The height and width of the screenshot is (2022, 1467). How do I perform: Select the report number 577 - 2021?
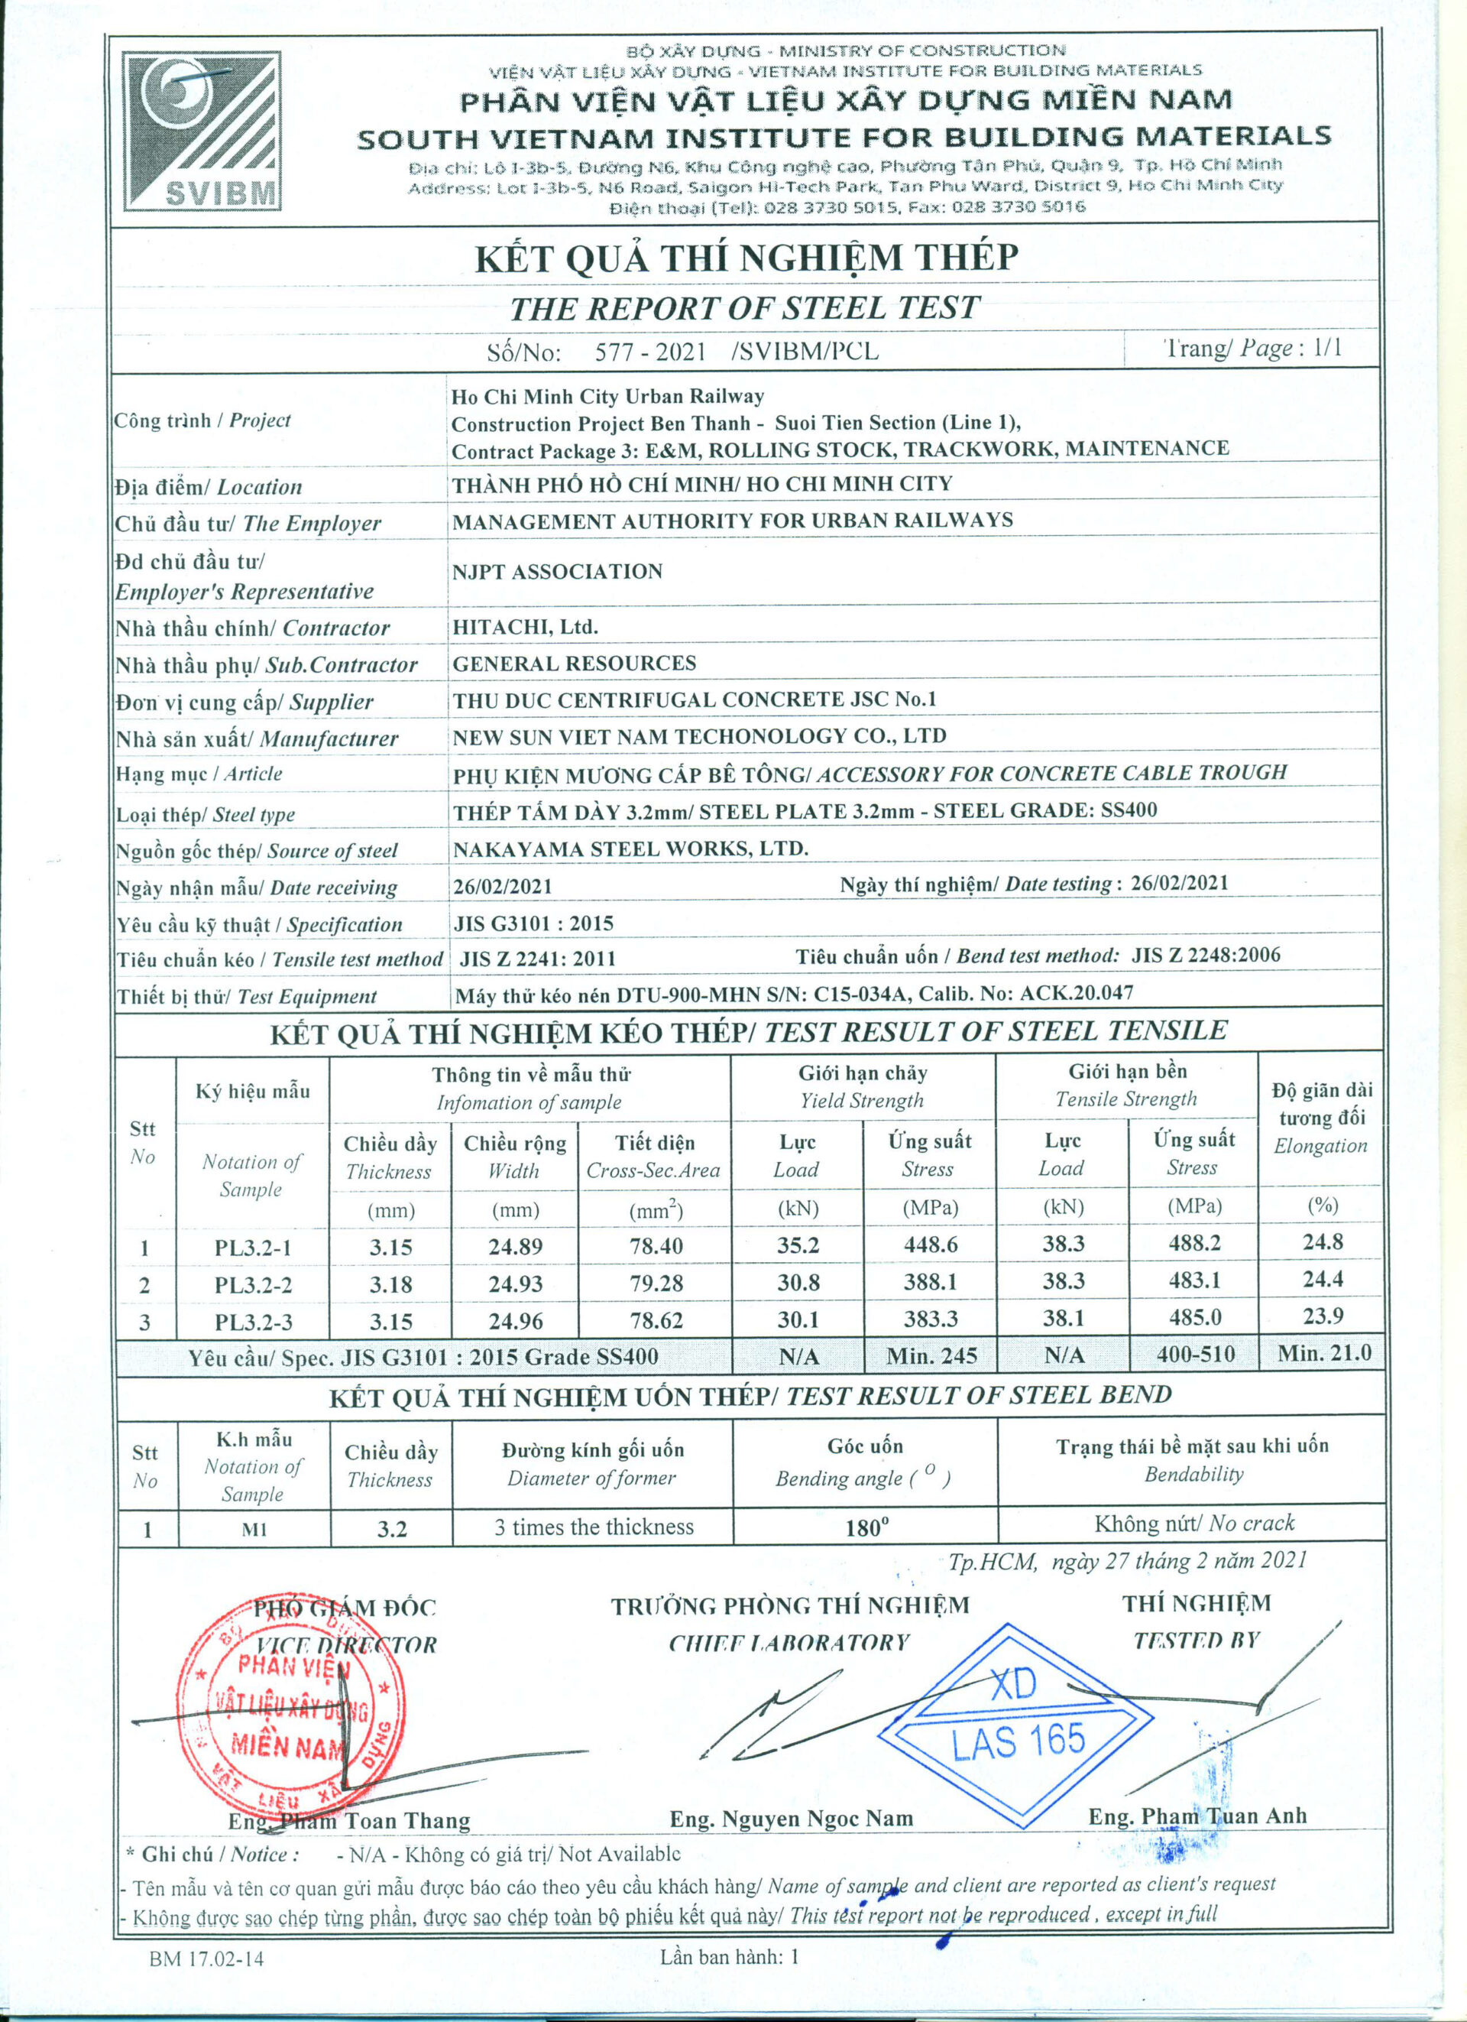click(x=649, y=351)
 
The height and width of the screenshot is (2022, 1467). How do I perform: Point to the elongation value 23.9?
click(x=1323, y=1316)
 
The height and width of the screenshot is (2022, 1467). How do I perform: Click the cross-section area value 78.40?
click(x=655, y=1245)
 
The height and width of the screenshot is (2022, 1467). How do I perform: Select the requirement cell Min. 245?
click(x=931, y=1356)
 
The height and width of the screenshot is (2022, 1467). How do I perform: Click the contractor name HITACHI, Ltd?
click(x=525, y=627)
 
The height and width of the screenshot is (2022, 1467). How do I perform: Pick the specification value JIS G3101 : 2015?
click(x=534, y=923)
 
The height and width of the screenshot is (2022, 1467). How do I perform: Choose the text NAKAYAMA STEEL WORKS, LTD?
click(x=630, y=849)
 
